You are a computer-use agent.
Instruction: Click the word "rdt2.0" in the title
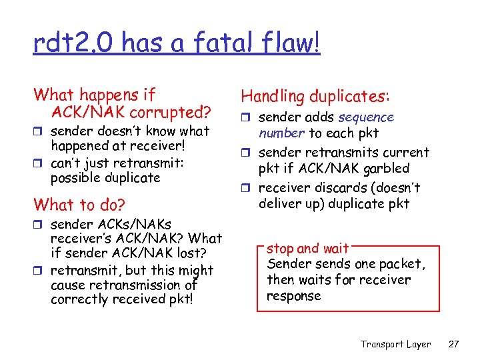67,43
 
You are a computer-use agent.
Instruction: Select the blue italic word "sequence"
366,117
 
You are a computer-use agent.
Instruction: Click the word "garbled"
386,168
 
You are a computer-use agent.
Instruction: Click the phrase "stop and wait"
307,249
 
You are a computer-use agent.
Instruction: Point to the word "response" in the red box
294,295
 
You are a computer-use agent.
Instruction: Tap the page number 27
454,344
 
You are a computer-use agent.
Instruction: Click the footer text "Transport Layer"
395,344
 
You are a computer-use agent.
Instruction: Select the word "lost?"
194,253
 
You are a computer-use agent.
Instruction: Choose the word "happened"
81,145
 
